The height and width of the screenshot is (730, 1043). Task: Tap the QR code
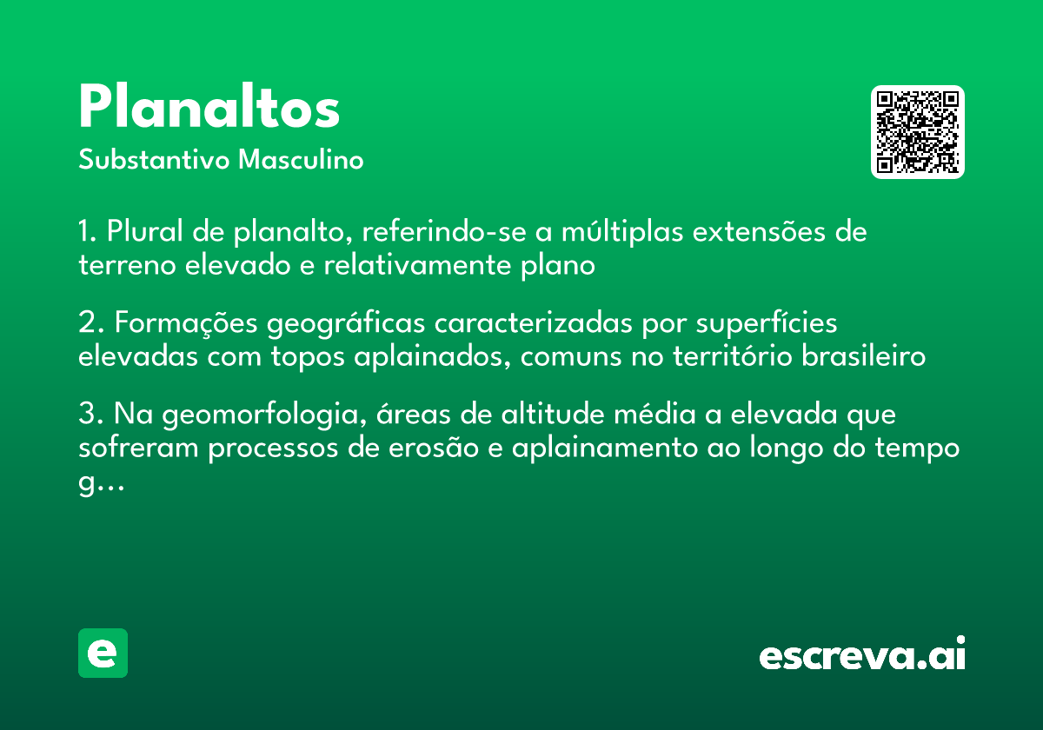[x=918, y=132]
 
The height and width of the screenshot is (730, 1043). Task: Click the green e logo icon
[x=103, y=653]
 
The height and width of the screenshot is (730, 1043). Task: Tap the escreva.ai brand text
[x=862, y=655]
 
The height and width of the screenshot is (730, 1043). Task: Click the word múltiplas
[x=615, y=233]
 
